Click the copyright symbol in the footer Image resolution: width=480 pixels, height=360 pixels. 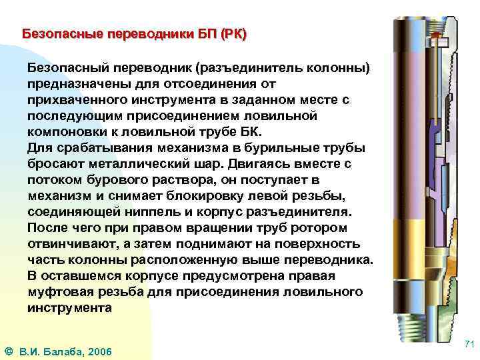pos(8,351)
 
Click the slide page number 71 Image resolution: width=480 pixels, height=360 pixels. pos(469,344)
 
